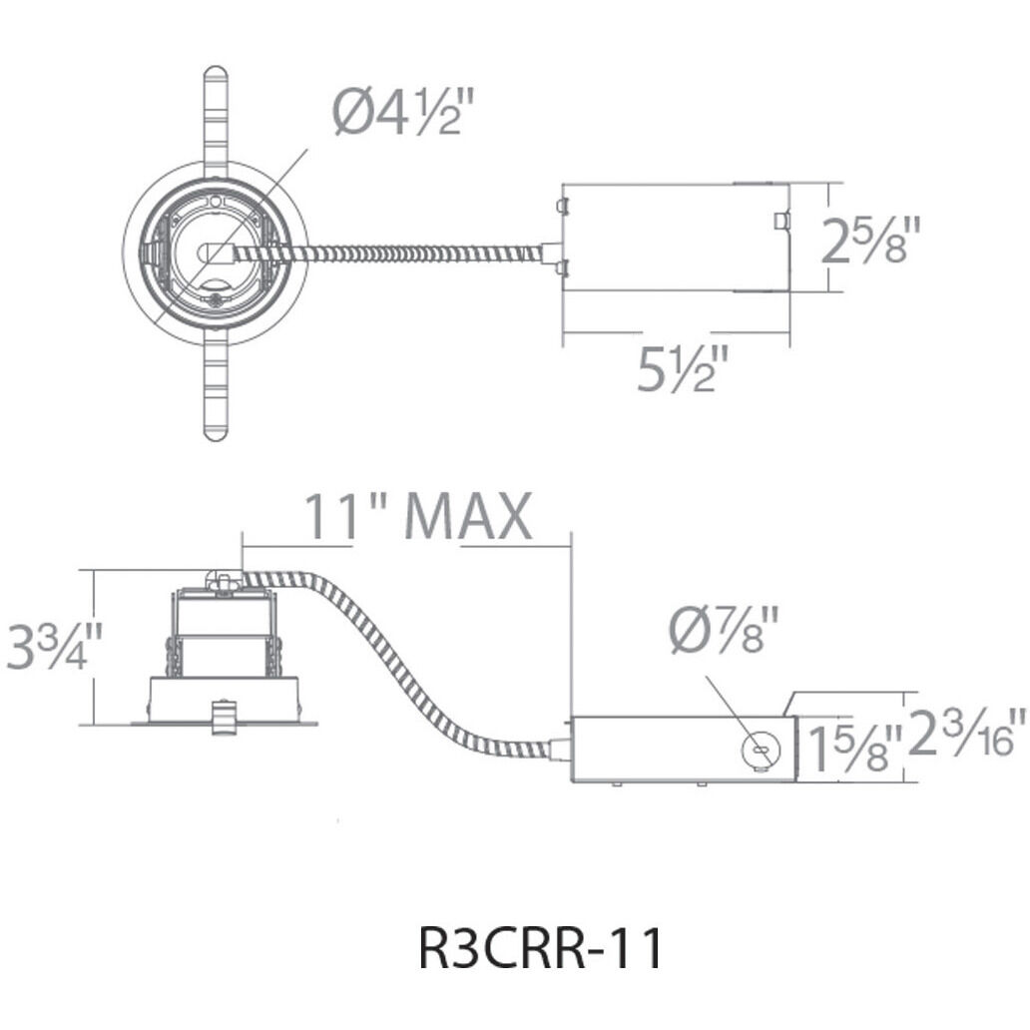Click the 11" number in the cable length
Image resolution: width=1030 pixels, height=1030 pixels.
pyautogui.click(x=339, y=516)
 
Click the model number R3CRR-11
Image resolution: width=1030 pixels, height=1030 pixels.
pyautogui.click(x=540, y=949)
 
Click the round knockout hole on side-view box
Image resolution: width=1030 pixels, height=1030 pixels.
pyautogui.click(x=760, y=751)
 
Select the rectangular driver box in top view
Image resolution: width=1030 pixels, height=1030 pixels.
pyautogui.click(x=677, y=238)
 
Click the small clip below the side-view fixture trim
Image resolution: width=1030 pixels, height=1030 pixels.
pyautogui.click(x=223, y=717)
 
